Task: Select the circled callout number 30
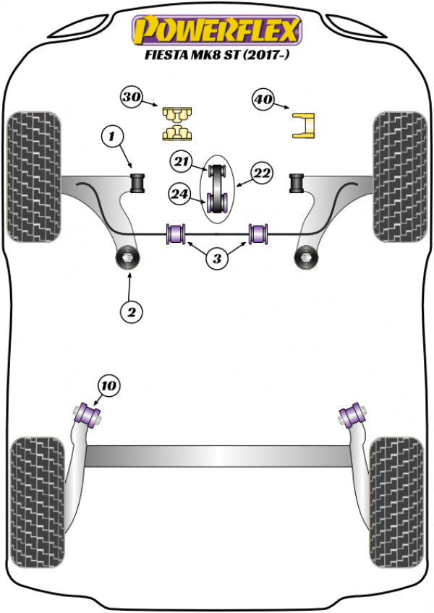pos(131,98)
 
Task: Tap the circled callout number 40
pos(263,100)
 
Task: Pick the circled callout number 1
pos(112,134)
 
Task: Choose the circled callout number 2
pos(131,312)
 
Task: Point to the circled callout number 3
pos(217,258)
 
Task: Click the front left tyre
pos(33,176)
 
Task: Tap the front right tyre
pos(400,176)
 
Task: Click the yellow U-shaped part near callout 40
pos(305,124)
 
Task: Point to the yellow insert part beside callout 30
pos(176,123)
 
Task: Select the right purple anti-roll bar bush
pos(258,233)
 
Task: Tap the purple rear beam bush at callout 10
pos(90,415)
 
